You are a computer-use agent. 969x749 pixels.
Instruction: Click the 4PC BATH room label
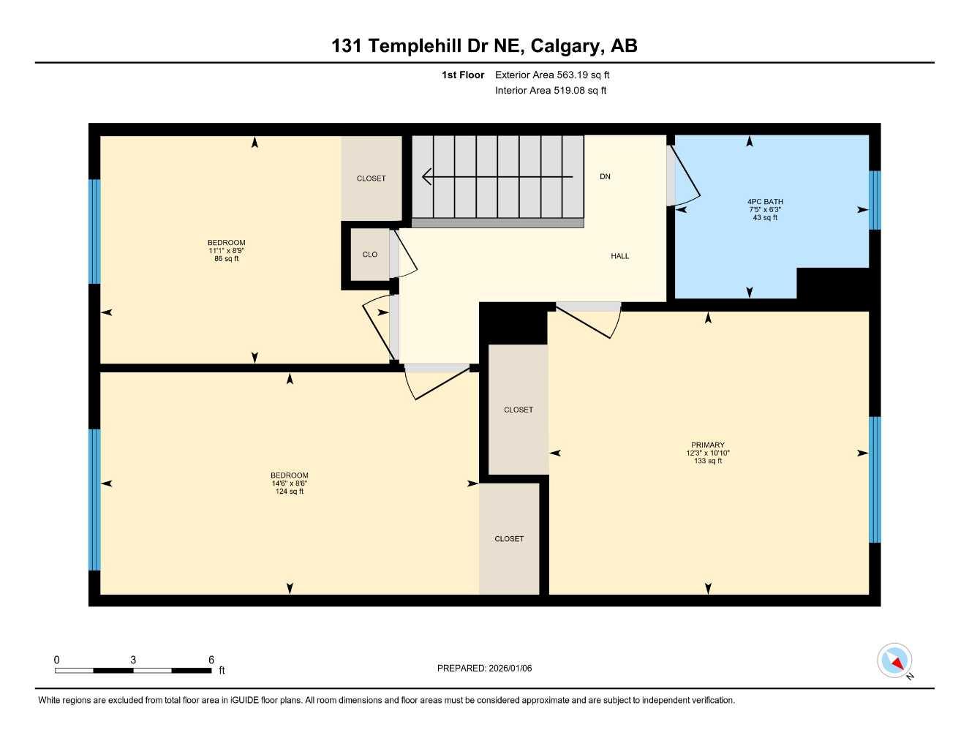765,202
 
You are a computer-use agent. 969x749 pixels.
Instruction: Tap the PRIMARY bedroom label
707,445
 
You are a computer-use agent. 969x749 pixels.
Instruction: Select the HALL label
619,256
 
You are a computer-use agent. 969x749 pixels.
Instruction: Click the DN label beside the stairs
605,177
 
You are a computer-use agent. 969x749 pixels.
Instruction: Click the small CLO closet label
370,255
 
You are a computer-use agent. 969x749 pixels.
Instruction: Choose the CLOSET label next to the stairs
371,178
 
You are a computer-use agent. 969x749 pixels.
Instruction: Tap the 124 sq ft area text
290,492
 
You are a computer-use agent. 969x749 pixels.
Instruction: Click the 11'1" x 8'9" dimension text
226,251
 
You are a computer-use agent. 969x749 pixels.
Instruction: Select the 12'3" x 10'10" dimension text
707,453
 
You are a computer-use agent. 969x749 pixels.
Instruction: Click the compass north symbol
894,661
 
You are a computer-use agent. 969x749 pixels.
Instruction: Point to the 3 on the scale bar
133,660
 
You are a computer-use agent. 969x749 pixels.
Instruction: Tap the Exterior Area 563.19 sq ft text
552,75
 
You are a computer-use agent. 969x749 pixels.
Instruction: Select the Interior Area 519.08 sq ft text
551,91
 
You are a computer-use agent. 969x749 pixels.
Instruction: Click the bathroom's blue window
875,200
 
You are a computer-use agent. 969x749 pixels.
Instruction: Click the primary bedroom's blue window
875,480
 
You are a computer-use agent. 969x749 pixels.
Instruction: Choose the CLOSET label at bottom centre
509,539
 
